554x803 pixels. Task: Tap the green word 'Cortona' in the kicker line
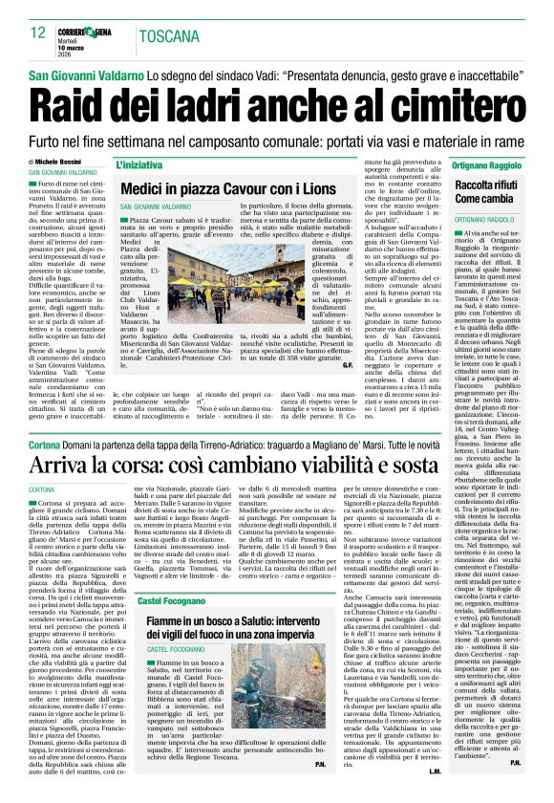pyautogui.click(x=47, y=445)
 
